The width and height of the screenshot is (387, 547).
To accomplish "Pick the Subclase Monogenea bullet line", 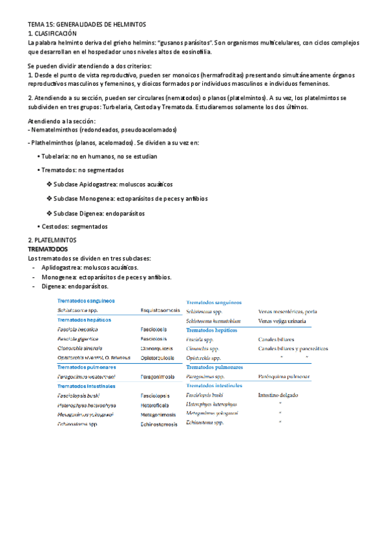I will pyautogui.click(x=131, y=199).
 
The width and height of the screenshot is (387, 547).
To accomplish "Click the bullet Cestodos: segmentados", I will pyautogui.click(x=74, y=226).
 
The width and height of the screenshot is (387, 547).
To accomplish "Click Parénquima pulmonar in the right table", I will pyautogui.click(x=284, y=376).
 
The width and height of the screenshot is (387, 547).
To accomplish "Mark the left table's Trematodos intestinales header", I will pyautogui.click(x=87, y=386).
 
